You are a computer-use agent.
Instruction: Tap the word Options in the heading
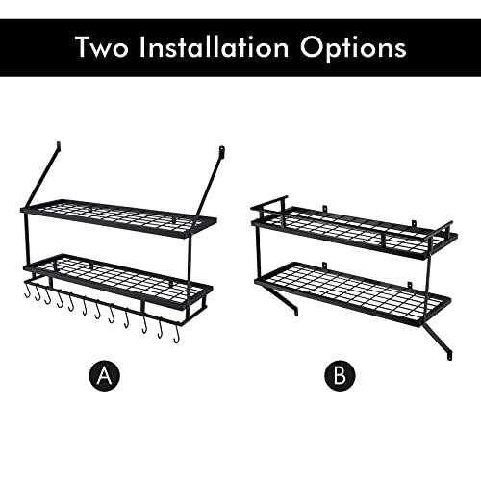point(362,47)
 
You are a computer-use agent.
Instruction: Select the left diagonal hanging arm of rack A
point(40,178)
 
